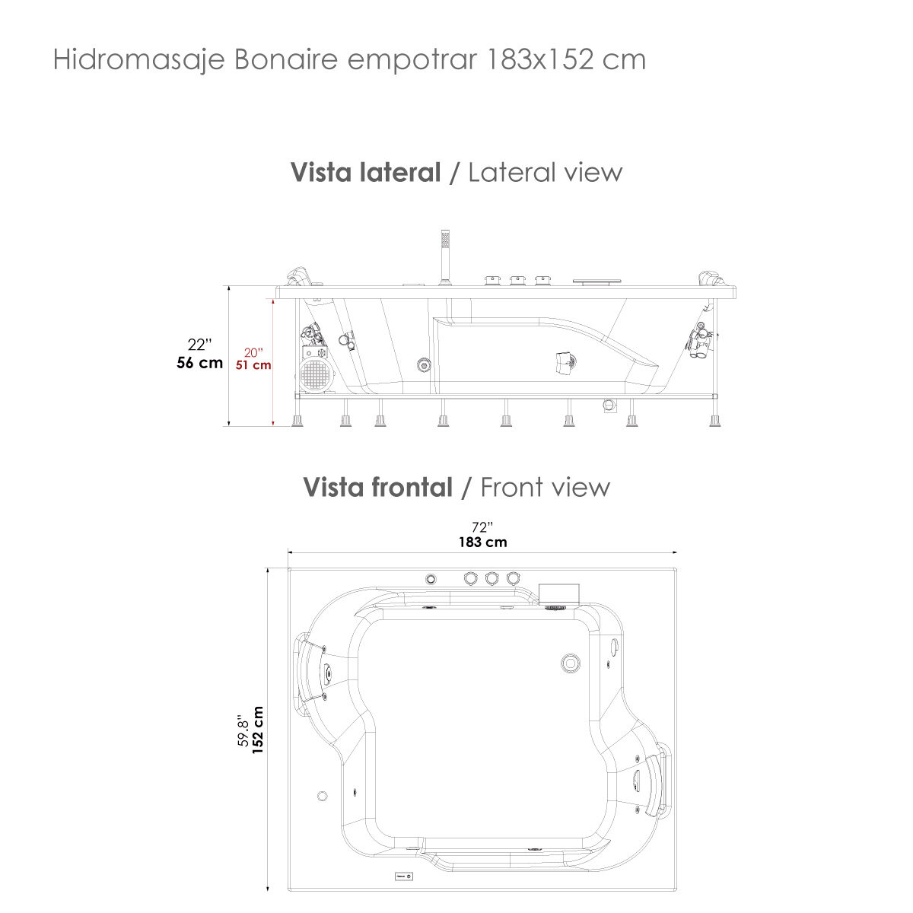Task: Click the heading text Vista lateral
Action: [365, 173]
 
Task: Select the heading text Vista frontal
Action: [377, 487]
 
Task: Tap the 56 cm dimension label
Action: [200, 363]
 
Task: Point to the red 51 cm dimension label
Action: [253, 365]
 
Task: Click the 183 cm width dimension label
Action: [482, 542]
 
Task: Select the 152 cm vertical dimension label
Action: [258, 730]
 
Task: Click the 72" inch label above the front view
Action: [482, 527]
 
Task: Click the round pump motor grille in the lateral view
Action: [315, 376]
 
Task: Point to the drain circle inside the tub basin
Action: [571, 663]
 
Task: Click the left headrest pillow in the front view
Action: [312, 670]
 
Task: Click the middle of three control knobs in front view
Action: [491, 579]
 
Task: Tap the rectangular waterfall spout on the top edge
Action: [559, 592]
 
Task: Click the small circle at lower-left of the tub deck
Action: [322, 796]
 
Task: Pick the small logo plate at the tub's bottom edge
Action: [403, 876]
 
